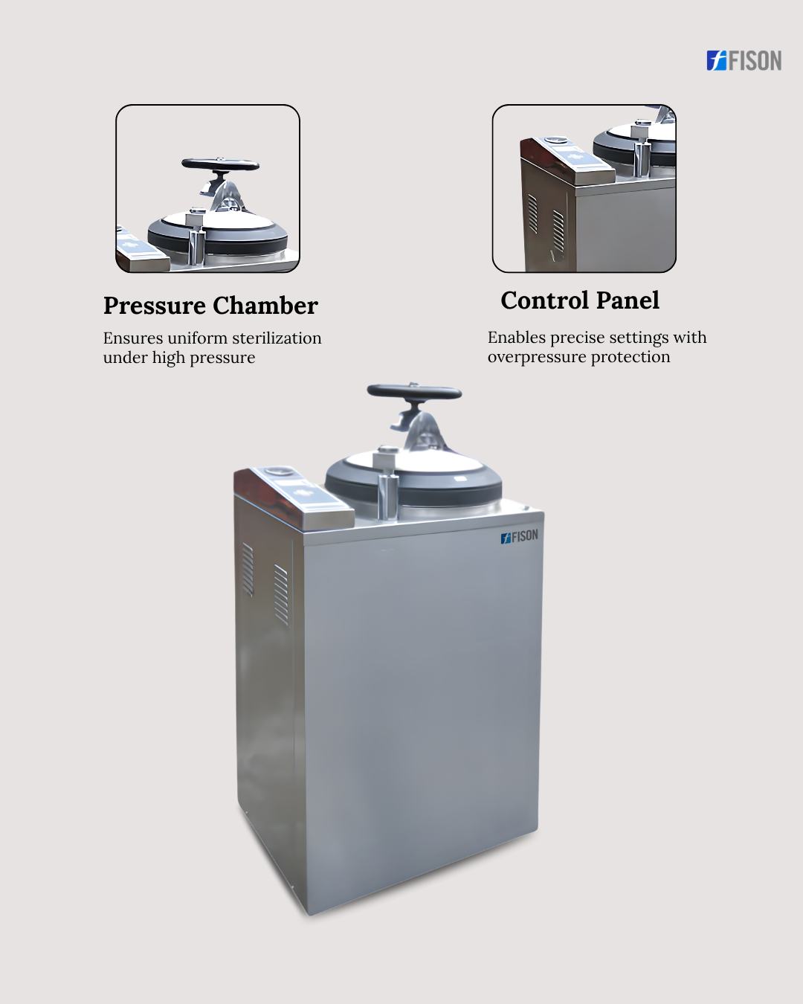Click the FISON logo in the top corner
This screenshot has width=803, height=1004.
[744, 61]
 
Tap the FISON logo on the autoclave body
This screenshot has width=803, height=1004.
[519, 536]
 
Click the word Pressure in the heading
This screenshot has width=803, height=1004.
[155, 306]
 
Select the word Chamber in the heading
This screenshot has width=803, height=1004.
[265, 306]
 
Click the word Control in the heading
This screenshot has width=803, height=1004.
[544, 300]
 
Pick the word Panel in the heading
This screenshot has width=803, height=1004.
[628, 300]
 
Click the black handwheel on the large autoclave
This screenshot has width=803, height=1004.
[414, 393]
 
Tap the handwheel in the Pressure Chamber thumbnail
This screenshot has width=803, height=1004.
[220, 164]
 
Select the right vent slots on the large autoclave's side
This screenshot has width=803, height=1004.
[281, 594]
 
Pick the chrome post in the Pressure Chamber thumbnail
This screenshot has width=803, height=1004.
[196, 246]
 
